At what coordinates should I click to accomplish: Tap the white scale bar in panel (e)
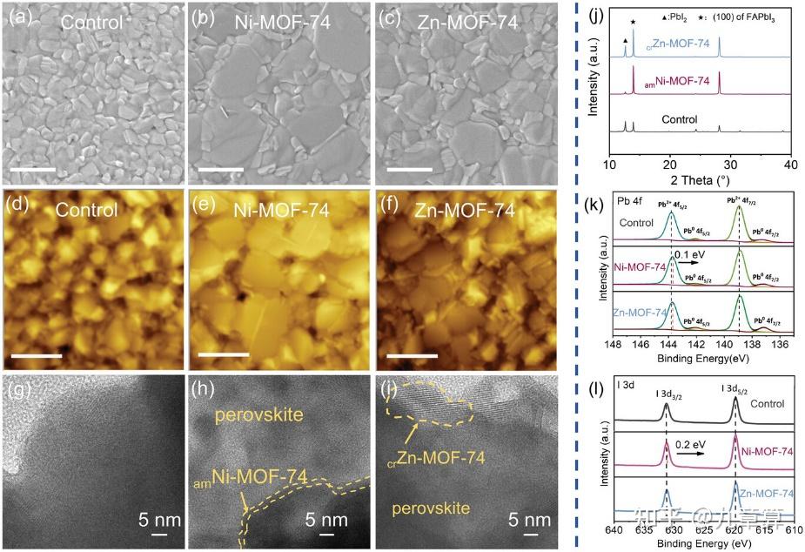pos(224,355)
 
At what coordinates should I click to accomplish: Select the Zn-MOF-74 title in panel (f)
pos(465,211)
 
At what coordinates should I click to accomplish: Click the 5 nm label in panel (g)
pos(160,522)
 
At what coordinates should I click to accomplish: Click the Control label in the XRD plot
pos(681,118)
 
